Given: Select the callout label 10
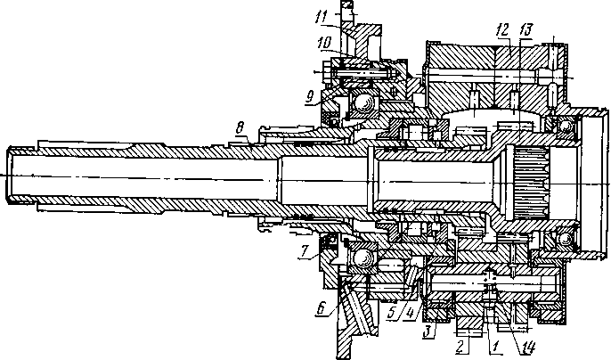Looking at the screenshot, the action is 325,42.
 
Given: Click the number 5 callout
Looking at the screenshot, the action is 393,315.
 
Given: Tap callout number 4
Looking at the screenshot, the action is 406,315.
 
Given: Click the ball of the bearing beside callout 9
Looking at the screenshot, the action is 363,105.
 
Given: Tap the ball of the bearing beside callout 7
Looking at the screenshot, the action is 363,258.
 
